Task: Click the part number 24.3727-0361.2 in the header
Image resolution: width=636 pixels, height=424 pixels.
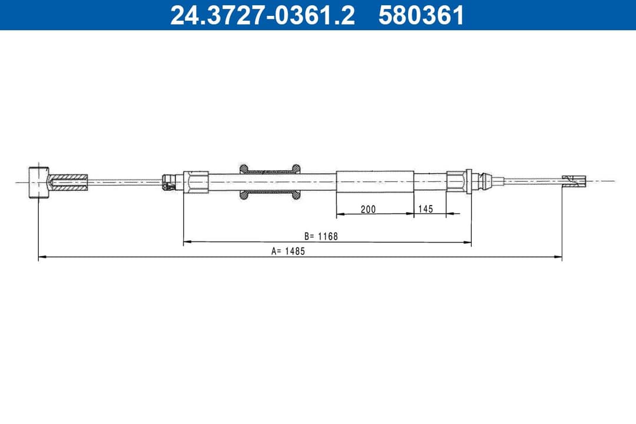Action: (263, 15)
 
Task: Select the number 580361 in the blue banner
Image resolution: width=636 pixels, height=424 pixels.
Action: (421, 15)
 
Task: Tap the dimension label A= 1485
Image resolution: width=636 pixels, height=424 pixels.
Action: (289, 250)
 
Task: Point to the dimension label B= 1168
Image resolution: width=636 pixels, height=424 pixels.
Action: (321, 236)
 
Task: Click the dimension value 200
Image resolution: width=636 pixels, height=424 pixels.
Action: (368, 209)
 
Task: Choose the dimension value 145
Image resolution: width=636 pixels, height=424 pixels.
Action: (425, 209)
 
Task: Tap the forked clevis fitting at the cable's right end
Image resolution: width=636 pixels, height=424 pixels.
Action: (574, 181)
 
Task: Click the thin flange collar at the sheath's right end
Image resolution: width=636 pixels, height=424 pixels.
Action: (469, 181)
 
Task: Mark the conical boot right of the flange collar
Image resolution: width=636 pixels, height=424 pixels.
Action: (483, 181)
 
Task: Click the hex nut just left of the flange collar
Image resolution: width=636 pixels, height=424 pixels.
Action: (456, 181)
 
